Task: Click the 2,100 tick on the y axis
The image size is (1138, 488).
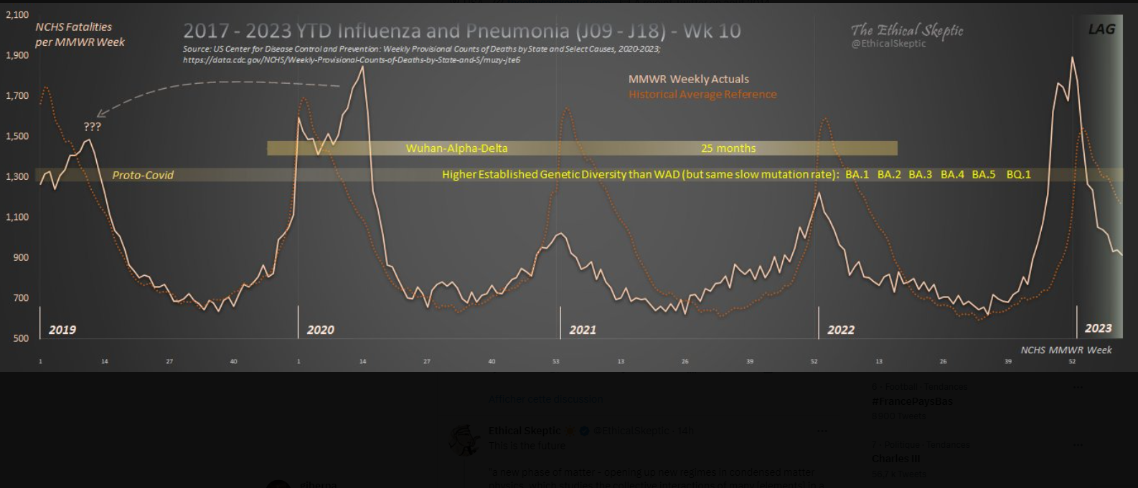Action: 17,14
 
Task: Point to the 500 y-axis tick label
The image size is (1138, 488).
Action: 22,338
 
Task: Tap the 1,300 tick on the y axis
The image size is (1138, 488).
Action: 17,176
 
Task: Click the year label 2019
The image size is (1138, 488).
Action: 62,330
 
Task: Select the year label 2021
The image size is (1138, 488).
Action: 583,330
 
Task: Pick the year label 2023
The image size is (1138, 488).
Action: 1098,328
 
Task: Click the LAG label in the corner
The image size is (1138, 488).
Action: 1101,29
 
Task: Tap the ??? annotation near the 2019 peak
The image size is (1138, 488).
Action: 93,127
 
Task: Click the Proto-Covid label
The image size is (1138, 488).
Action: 143,175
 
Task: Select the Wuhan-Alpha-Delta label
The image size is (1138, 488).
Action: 456,148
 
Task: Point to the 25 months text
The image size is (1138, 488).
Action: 728,148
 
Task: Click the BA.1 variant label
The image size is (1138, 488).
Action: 857,174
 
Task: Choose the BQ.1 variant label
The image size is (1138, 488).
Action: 1018,174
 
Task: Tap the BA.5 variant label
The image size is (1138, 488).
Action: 984,174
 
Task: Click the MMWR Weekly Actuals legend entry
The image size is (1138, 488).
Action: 688,79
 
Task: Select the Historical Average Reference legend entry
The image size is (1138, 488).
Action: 702,94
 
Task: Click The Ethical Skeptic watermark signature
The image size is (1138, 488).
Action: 907,31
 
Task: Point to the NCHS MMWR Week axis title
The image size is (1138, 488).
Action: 1066,350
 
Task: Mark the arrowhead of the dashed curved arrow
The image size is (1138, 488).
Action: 99,114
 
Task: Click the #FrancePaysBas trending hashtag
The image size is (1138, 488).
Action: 912,401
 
